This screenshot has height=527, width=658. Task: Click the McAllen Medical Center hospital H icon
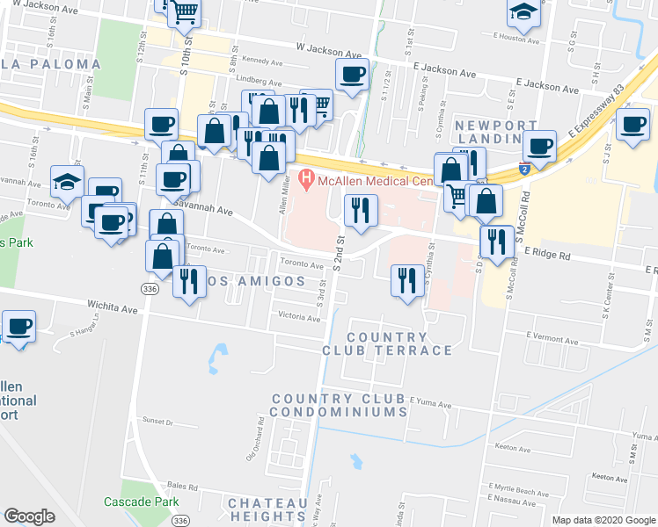[x=306, y=182]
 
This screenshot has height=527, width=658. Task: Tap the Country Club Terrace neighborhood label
[x=399, y=343]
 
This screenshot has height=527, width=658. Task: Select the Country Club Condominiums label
[x=339, y=405]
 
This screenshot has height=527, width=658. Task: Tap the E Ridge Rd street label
[x=547, y=255]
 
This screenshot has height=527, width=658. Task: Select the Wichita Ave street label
[x=113, y=308]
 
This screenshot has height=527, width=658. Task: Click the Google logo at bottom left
[x=29, y=516]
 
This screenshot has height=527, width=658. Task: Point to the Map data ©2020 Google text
[x=603, y=520]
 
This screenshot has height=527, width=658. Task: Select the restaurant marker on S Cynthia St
[x=406, y=280]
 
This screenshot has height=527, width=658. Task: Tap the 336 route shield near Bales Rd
[x=180, y=520]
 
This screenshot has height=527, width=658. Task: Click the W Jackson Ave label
[x=329, y=51]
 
